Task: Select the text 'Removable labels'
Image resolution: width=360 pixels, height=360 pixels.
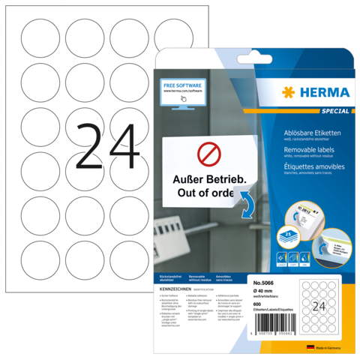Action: (297, 149)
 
